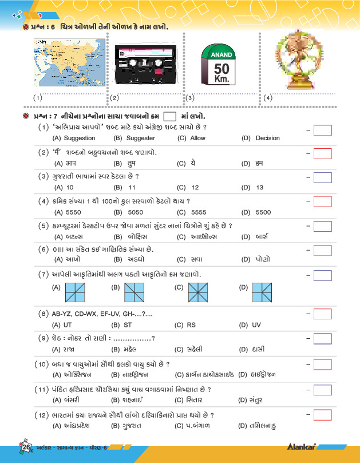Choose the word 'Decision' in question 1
(x=267, y=138)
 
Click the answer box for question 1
(x=323, y=130)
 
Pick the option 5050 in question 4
(x=136, y=212)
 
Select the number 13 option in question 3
(x=260, y=187)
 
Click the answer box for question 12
(x=323, y=414)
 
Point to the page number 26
(x=26, y=447)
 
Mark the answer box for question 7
(x=323, y=276)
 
